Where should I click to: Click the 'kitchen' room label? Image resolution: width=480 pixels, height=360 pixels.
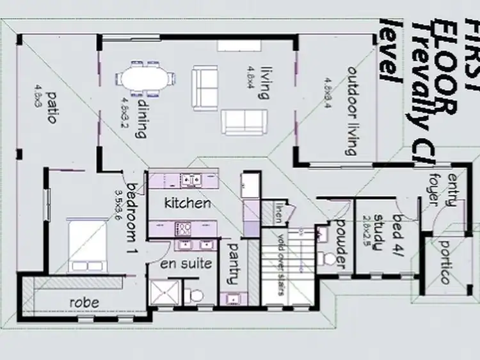[187, 203]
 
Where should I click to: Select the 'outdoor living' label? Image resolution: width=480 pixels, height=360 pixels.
[350, 109]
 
